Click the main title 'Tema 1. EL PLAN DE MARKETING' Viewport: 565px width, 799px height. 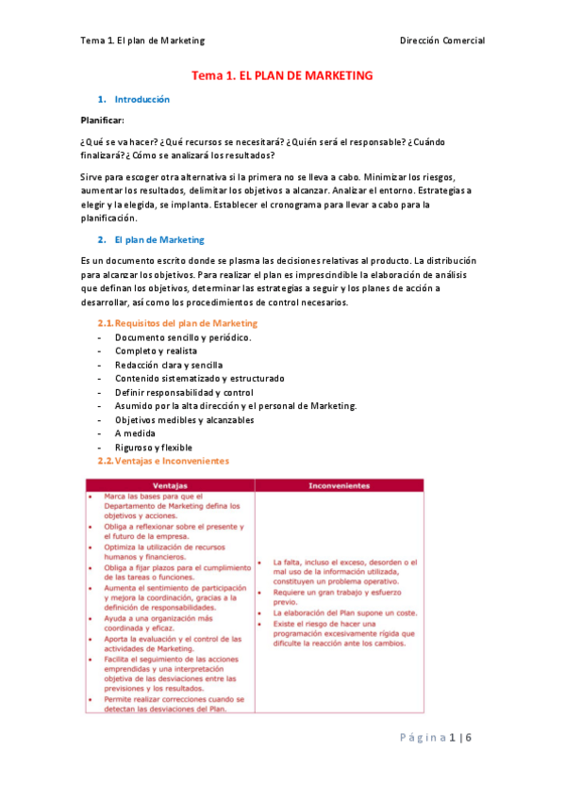pyautogui.click(x=283, y=74)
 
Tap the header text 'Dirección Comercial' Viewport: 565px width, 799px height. pyautogui.click(x=442, y=41)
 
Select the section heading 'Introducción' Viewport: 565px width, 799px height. pyautogui.click(x=141, y=99)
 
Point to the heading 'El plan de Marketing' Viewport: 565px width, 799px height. pyautogui.click(x=158, y=239)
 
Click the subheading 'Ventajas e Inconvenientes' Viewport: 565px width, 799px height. pyautogui.click(x=170, y=461)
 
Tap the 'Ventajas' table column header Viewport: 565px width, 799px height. pyautogui.click(x=170, y=485)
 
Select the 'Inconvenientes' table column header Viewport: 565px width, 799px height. pyautogui.click(x=338, y=485)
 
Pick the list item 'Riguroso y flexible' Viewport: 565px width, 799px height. pyautogui.click(x=154, y=447)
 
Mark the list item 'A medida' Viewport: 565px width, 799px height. pyautogui.click(x=134, y=433)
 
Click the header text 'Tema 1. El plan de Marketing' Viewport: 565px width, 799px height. pyautogui.click(x=143, y=41)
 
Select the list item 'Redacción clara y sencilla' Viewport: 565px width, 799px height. pyautogui.click(x=169, y=365)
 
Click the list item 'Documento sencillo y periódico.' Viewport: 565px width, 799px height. pyautogui.click(x=183, y=337)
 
